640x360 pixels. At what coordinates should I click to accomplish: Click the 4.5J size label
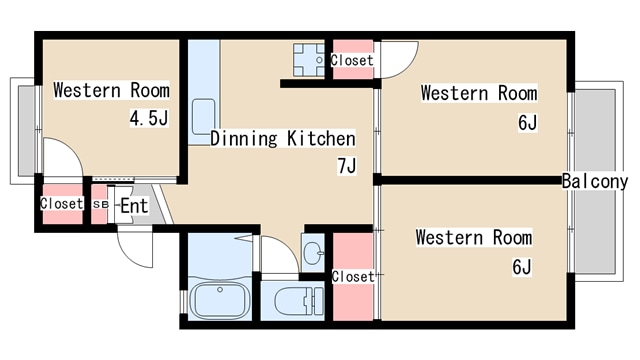pos(149,118)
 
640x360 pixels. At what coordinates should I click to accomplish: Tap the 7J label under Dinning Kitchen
pos(347,166)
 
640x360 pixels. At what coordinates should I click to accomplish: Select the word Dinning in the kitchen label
pos(244,138)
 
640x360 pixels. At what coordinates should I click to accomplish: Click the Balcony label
pos(595,181)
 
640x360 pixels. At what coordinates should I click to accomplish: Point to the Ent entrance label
pos(134,206)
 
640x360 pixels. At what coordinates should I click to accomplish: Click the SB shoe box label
pos(100,204)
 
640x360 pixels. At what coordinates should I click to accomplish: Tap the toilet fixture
pos(299,301)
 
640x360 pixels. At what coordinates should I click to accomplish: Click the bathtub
pos(220,300)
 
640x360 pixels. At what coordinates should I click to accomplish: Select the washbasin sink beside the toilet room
pos(313,253)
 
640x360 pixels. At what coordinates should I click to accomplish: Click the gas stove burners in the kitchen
pos(309,60)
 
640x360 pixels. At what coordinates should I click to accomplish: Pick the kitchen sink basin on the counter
pos(204,117)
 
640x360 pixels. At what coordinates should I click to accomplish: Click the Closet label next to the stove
pos(352,60)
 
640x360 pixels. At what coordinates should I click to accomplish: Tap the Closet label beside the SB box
pos(62,203)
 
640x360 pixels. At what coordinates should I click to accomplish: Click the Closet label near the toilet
pos(353,277)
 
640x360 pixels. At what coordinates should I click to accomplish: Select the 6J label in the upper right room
pos(527,122)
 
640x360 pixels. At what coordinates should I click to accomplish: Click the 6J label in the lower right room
pos(522,267)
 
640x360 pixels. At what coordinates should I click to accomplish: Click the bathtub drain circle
pos(220,290)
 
